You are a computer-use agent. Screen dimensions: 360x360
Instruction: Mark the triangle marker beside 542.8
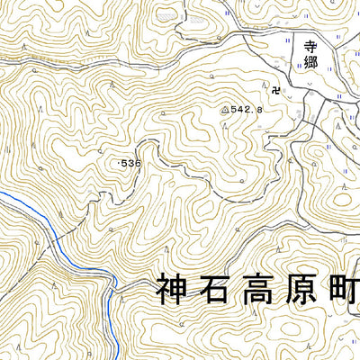coord(225,109)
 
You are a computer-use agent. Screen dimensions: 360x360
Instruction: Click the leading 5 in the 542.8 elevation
coord(233,109)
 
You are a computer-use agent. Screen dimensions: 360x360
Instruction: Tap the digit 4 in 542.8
coord(239,109)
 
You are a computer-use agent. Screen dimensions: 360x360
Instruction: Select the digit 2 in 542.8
coord(246,109)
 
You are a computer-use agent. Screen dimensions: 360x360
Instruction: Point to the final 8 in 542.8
coord(258,109)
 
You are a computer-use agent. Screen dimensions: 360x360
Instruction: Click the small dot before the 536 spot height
coord(118,163)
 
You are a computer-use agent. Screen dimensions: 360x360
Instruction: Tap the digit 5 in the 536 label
coord(124,163)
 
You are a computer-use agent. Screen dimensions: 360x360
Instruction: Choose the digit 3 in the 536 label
coord(131,163)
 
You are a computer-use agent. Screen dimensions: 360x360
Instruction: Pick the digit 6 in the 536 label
coord(138,163)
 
